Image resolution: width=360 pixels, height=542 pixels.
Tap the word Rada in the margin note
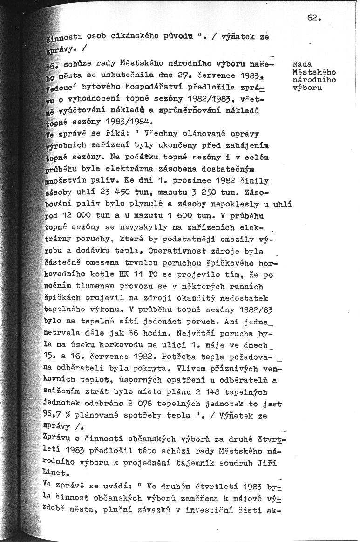tap(303, 64)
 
